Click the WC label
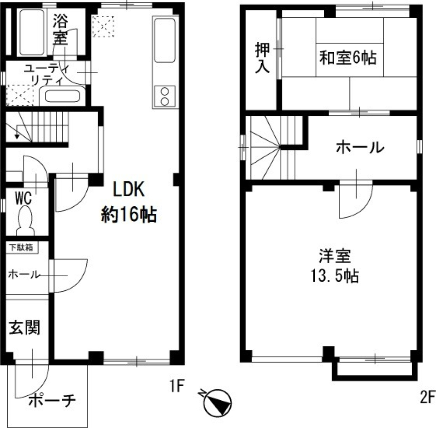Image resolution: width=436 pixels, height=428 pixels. (23, 199)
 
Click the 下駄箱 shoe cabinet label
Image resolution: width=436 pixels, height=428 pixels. (22, 248)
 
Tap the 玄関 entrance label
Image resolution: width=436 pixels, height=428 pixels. (25, 328)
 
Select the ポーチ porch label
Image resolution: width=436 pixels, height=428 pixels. (51, 401)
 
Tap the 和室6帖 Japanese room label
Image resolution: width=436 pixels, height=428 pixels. (348, 59)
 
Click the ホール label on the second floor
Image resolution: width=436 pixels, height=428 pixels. (360, 148)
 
